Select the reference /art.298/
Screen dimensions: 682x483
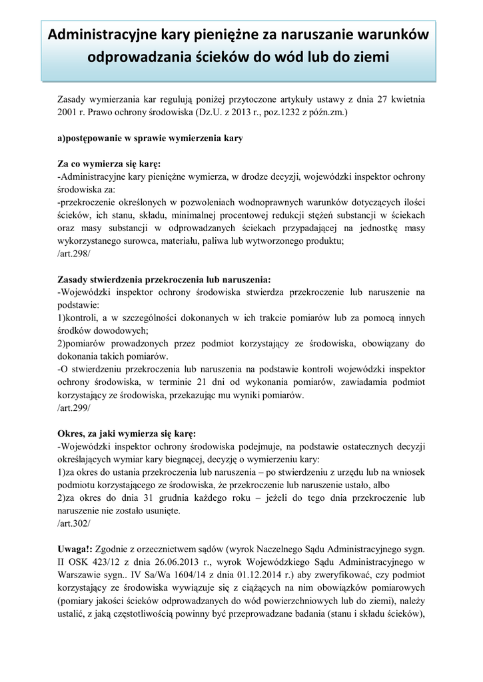[74, 254]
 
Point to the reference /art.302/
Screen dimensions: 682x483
[74, 523]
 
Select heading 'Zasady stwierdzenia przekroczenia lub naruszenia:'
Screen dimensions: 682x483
[165, 280]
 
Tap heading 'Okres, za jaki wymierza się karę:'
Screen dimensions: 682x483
[127, 434]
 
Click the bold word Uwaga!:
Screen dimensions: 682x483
[76, 549]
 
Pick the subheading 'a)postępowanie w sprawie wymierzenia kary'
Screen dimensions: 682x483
[150, 139]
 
